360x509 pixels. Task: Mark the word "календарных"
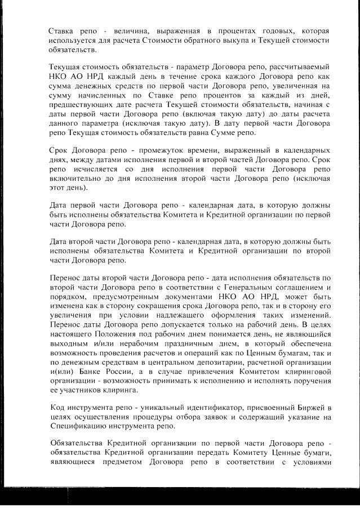pos(305,153)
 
